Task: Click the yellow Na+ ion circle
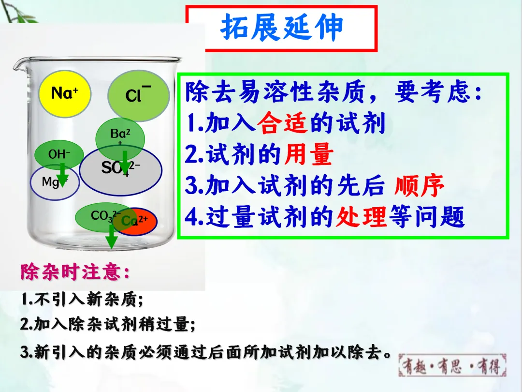(x=65, y=94)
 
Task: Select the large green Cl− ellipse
(x=139, y=95)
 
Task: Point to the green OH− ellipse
(x=59, y=154)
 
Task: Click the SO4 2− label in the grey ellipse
(x=120, y=167)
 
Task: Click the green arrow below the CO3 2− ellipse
(x=112, y=236)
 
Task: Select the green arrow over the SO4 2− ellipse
(x=125, y=163)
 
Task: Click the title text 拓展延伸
(x=282, y=27)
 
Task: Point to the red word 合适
(x=282, y=123)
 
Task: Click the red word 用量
(x=308, y=154)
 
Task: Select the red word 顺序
(x=419, y=185)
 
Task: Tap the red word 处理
(x=361, y=217)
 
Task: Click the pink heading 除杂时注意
(x=75, y=272)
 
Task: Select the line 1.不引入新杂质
(x=82, y=299)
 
